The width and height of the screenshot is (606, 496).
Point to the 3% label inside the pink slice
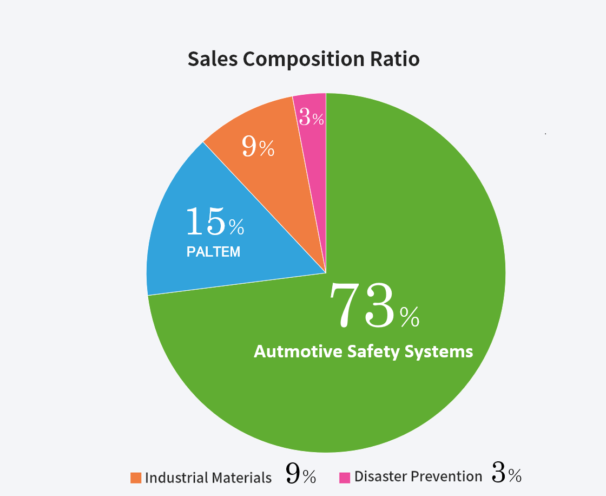point(312,118)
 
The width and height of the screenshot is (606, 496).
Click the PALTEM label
point(213,252)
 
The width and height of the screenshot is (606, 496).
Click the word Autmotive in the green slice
point(293,351)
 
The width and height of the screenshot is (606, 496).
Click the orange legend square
point(136,478)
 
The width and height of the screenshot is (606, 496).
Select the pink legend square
point(345,478)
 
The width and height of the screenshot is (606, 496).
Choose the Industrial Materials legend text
point(208,478)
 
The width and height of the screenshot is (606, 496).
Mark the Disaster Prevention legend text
point(418,477)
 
